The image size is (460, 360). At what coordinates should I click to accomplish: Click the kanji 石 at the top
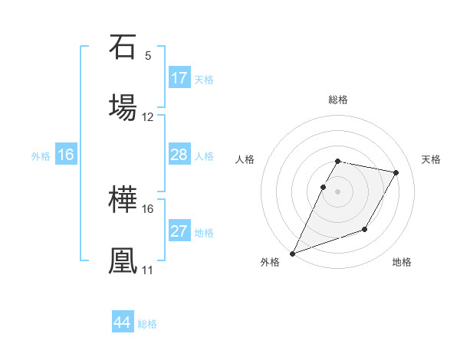coord(123,47)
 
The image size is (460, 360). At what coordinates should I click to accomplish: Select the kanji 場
coord(123,106)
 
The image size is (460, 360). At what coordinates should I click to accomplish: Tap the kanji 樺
coord(123,201)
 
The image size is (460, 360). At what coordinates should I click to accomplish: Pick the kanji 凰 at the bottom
coord(123,260)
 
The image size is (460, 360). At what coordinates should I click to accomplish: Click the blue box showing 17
coord(179,78)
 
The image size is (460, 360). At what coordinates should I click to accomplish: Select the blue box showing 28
coord(179,155)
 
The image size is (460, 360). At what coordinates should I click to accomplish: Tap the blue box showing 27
coord(179,232)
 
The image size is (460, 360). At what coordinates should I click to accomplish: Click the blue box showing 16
coord(66,155)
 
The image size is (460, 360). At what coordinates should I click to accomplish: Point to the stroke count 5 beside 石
coord(147,55)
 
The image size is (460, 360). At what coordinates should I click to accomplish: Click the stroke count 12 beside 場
coord(148,116)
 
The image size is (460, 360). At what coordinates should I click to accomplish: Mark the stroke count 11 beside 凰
coord(147,270)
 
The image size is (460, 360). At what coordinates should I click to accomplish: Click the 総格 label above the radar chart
coord(338,100)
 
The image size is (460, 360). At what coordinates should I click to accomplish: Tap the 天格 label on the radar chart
coord(432,159)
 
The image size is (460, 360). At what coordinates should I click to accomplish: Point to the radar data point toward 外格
coord(292,253)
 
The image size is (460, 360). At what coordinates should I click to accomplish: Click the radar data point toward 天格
coord(396,172)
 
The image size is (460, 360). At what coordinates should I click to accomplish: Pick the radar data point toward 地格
coord(365,229)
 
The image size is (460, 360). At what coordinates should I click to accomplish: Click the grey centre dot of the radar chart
coord(338,191)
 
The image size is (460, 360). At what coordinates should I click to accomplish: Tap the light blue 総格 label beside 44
coord(147,324)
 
